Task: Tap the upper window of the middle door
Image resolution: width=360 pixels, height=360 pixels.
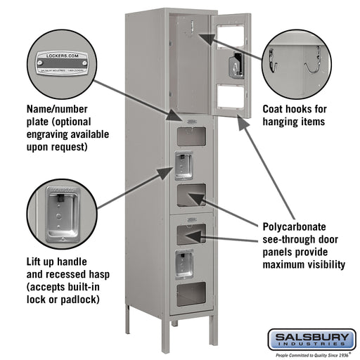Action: [191, 136]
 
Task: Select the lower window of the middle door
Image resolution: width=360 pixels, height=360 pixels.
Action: [191, 195]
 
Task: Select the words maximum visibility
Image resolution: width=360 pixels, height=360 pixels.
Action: [303, 265]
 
